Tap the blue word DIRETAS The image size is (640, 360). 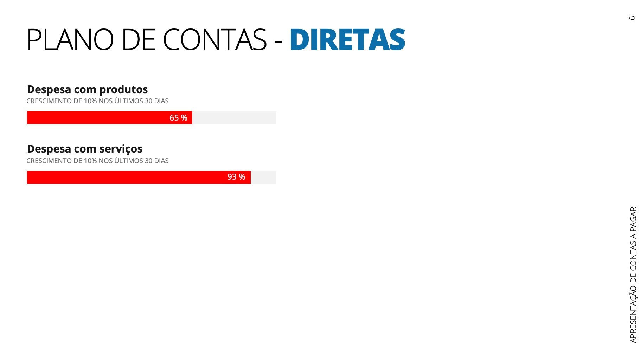[x=347, y=40]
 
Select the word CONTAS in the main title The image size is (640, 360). [x=215, y=40]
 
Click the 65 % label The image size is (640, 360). [x=178, y=118]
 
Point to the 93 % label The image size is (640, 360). [x=236, y=177]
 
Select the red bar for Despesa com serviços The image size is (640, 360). [x=123, y=177]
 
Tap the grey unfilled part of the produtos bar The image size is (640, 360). [x=234, y=117]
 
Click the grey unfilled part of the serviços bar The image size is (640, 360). [x=263, y=177]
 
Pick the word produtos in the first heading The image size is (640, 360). [x=123, y=90]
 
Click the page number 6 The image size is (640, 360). [x=632, y=18]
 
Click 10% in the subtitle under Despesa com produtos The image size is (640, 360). [x=90, y=101]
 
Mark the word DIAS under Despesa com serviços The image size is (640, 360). [x=161, y=161]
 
